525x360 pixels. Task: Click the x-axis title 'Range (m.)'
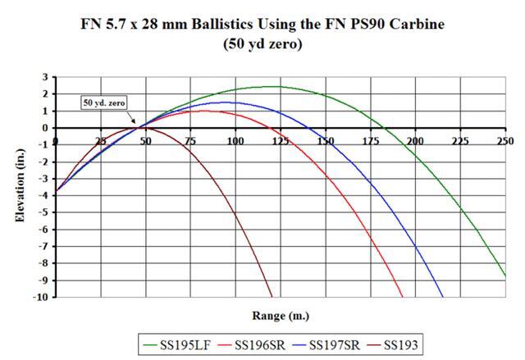pos(280,316)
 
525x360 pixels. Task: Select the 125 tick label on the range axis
pos(281,141)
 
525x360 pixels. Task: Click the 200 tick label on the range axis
pos(416,141)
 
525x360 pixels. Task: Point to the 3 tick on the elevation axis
pos(44,77)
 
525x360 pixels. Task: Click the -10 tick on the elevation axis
pos(40,297)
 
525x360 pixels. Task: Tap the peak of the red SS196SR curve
pos(207,111)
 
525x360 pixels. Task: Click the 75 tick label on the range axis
pos(190,141)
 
